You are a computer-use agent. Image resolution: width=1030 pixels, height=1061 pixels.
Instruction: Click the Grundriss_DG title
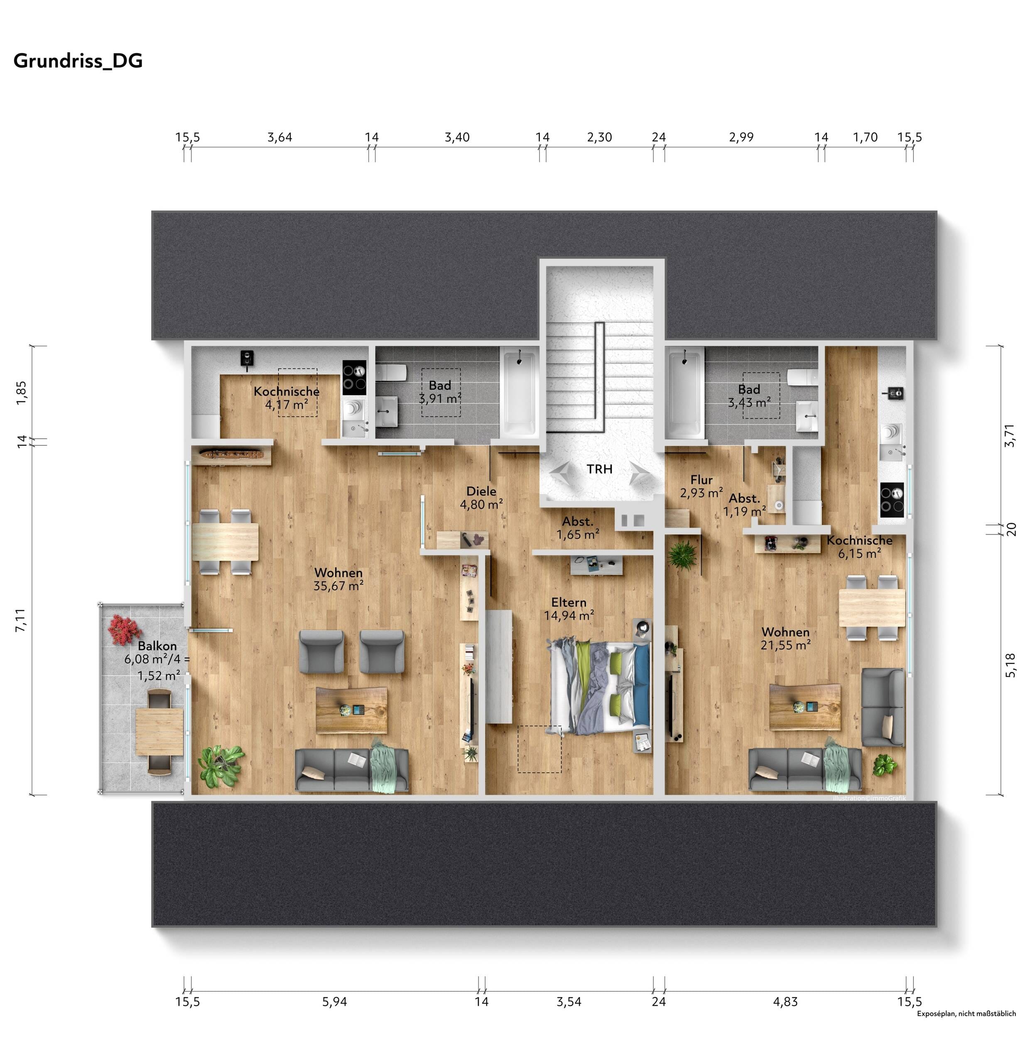coord(78,61)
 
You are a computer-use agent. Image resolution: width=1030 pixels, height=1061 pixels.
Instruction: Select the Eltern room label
coord(569,602)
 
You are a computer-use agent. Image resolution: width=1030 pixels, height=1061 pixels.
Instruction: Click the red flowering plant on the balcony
coord(125,629)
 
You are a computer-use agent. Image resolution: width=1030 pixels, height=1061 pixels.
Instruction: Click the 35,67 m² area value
coord(338,586)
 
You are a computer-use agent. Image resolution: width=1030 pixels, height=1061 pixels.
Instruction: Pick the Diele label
coord(481,491)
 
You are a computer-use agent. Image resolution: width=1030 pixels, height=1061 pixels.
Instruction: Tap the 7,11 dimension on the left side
coord(21,620)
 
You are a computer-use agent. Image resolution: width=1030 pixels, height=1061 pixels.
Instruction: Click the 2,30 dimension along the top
coord(599,138)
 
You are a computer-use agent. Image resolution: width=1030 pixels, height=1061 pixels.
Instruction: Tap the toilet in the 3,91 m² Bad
coord(392,373)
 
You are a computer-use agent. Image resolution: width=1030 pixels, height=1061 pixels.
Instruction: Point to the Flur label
coord(701,480)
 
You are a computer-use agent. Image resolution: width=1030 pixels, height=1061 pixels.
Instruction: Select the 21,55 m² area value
coord(786,645)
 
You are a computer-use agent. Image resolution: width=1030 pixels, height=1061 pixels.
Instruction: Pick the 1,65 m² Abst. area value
coord(578,535)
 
